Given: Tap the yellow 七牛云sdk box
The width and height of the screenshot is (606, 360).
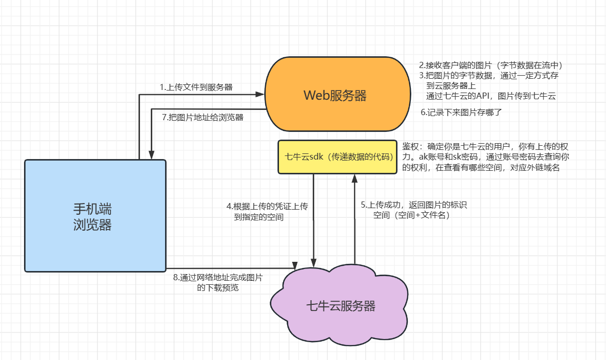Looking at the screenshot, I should click(x=337, y=157).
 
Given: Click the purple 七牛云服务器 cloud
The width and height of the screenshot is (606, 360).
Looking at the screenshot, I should click(x=340, y=306).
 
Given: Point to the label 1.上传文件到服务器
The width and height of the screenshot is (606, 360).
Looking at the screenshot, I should click(x=196, y=87).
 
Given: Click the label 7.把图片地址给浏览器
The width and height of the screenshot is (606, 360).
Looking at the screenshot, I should click(x=202, y=117).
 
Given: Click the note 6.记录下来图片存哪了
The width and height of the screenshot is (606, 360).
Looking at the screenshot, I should click(x=461, y=111).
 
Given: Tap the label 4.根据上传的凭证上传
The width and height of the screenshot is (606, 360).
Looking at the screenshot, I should click(x=267, y=206).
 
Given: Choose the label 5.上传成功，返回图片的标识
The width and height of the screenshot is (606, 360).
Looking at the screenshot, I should click(x=414, y=205).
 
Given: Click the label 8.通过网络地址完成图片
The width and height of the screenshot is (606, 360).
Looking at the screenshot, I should click(x=218, y=278).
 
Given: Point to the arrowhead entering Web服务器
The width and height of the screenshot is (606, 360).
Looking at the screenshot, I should click(x=261, y=95).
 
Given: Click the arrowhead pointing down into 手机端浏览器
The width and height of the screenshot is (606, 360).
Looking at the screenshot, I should click(x=151, y=155).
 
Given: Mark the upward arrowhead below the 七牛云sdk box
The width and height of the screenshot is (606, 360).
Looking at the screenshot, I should click(x=354, y=178).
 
